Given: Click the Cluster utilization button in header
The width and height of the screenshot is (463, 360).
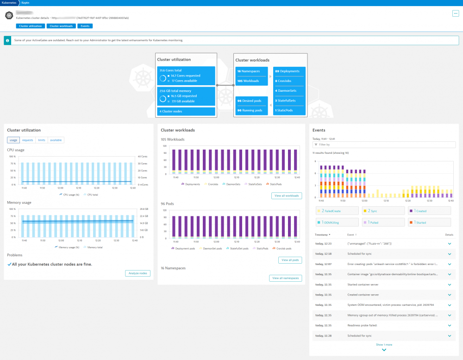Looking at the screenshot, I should click(30, 26).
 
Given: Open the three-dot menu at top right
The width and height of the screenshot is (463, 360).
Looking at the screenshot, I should click(455, 13).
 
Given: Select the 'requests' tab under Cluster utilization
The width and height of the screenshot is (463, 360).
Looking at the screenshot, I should click(28, 140).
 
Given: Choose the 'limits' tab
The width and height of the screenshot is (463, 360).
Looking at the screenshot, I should click(41, 140).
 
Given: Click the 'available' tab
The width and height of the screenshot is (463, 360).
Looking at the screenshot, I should click(56, 140).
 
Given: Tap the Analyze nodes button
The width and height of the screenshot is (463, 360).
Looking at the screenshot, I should click(138, 273).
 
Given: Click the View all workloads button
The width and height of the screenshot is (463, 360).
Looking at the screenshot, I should click(287, 196).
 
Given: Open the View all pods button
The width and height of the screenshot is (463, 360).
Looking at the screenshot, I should click(290, 260).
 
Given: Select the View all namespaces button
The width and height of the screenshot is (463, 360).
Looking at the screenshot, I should click(286, 278).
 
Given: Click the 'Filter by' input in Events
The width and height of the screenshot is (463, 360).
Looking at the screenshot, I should click(384, 145).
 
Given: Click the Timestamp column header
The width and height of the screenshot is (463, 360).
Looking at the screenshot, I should click(322, 235).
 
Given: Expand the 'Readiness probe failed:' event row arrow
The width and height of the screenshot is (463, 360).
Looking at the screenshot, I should click(449, 325).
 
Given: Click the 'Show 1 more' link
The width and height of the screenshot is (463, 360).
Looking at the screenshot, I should click(384, 345).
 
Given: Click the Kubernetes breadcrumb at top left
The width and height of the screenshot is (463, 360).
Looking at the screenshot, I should click(9, 2).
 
